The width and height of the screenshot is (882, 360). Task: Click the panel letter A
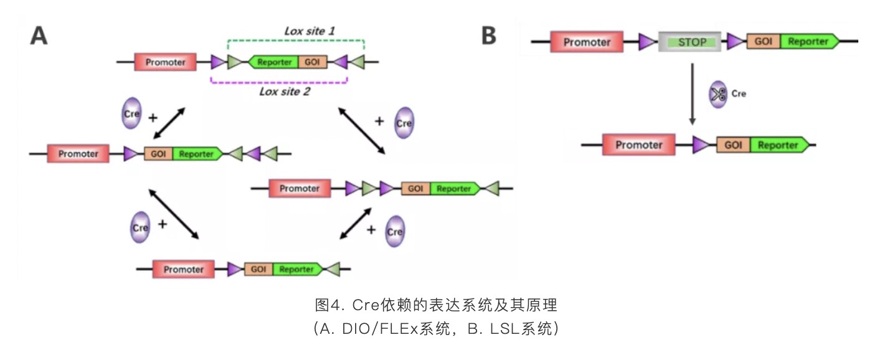(x=39, y=35)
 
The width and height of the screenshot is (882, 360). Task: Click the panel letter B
(x=489, y=36)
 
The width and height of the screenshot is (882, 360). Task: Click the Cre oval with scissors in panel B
(x=718, y=95)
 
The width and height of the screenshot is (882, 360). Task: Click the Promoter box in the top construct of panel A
(x=165, y=62)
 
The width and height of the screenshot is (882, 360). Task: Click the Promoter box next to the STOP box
(x=587, y=42)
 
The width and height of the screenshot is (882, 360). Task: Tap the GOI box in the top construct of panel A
(x=312, y=62)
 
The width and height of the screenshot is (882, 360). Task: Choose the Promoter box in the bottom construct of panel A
(x=183, y=269)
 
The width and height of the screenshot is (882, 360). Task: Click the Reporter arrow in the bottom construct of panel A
(x=297, y=269)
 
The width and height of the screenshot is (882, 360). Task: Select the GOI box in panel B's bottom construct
(x=733, y=145)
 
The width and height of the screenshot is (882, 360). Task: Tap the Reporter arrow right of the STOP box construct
(x=808, y=42)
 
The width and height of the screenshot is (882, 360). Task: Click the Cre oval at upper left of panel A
(x=131, y=113)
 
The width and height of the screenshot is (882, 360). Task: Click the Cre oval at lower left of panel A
(x=140, y=227)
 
